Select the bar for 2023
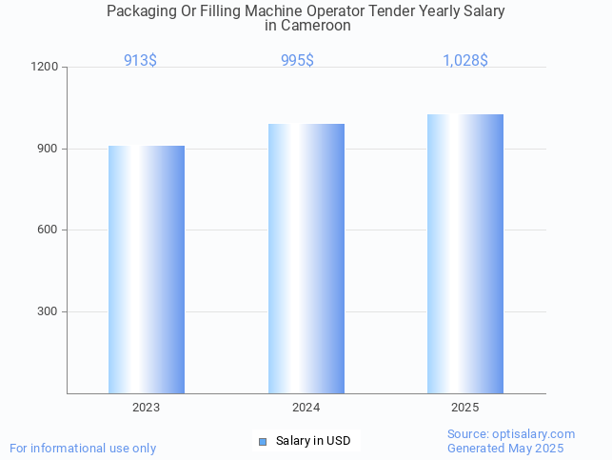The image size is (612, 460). point(147,270)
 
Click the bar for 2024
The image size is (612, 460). point(306,258)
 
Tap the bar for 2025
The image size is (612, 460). point(465,253)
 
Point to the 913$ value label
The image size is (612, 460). point(141,60)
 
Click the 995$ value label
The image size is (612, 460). point(297,60)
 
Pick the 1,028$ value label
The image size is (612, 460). point(465,60)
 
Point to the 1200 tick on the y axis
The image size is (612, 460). point(46,68)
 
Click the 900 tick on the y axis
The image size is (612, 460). point(49,149)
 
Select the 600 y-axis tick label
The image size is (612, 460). point(49,230)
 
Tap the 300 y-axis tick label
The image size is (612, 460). point(49,312)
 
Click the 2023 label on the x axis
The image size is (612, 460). point(147,407)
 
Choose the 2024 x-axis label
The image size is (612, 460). point(306,407)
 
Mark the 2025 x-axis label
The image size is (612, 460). point(465,407)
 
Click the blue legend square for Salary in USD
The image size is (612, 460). point(264,441)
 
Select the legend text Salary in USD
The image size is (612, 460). point(313,441)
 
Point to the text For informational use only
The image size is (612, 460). point(83,448)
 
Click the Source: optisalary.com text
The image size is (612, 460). point(511,434)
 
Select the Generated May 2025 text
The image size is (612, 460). point(505,449)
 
